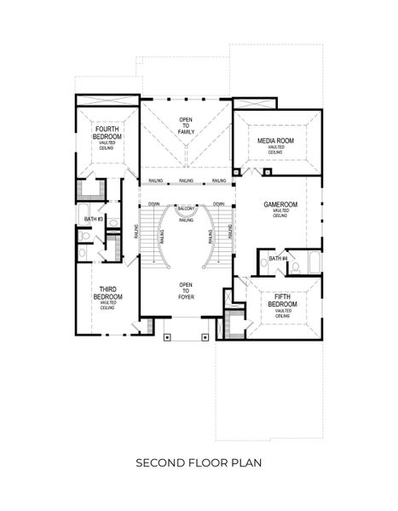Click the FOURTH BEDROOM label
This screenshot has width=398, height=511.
click(108, 133)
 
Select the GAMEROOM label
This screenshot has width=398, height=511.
click(280, 205)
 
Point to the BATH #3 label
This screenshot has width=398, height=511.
click(94, 220)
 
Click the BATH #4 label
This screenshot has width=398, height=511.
click(278, 259)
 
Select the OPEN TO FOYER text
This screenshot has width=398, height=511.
click(185, 290)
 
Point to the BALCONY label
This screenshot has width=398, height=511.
click(187, 209)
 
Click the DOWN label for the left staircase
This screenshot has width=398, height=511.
click(153, 204)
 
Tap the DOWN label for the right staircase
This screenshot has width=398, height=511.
click(219, 204)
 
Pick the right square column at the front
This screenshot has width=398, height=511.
click(205, 336)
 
